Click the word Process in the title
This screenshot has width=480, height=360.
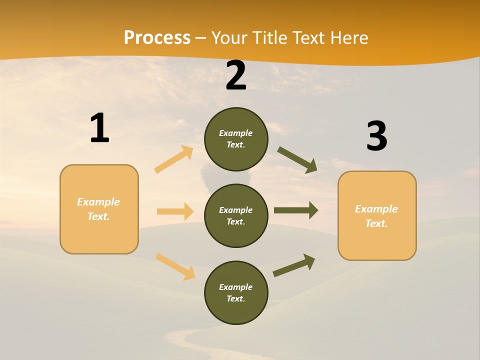tap(157, 38)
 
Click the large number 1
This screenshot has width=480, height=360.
tap(99, 128)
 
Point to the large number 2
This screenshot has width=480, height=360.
tap(236, 76)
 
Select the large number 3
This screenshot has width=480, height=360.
tap(376, 136)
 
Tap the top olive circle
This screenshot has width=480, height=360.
tap(236, 139)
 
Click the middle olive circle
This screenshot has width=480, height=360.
tap(236, 216)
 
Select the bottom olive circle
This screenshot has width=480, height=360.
tap(236, 293)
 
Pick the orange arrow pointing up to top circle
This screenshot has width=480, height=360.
tap(174, 159)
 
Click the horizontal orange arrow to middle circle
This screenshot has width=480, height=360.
tap(175, 211)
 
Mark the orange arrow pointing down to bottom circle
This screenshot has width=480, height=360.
tap(175, 266)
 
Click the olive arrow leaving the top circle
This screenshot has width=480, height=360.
tap(297, 160)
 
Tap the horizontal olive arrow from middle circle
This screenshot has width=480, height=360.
tap(296, 210)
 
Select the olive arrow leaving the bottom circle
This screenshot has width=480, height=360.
tap(294, 265)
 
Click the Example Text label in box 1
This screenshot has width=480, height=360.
tap(98, 209)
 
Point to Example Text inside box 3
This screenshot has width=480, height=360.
tap(376, 216)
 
